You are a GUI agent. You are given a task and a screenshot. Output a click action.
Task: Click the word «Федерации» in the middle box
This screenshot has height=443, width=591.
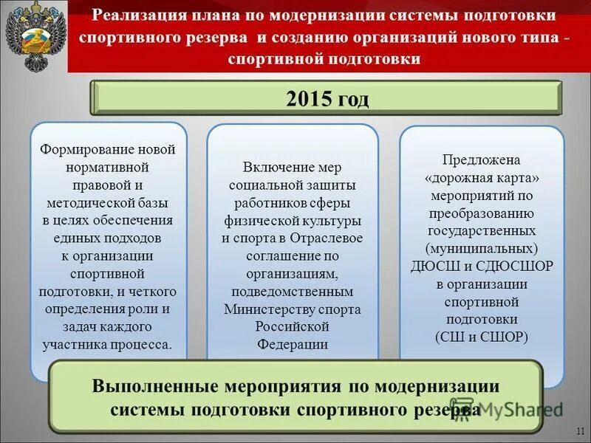coord(293,344)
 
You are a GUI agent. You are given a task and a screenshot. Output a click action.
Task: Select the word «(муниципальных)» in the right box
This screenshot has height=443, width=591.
coord(482,249)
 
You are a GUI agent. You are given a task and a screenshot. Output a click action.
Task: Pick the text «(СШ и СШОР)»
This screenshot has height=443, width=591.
coord(482,337)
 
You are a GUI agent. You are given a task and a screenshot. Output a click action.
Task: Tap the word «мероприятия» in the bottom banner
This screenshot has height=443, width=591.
coord(292,386)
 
